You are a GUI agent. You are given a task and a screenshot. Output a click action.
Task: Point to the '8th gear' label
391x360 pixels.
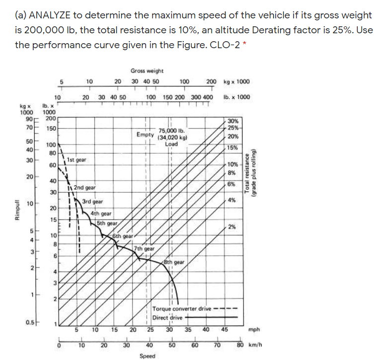point(174,262)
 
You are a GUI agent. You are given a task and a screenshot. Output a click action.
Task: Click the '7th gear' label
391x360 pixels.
point(145,248)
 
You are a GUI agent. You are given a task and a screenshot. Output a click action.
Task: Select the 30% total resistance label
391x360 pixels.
point(233,121)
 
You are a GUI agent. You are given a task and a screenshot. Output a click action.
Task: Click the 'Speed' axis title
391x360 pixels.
point(148,356)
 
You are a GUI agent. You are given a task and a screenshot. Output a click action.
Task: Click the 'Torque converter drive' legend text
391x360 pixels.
point(182,309)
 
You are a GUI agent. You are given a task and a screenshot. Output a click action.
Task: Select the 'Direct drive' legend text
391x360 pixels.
point(167,318)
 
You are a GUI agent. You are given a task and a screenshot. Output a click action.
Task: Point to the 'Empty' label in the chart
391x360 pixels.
point(145,134)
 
